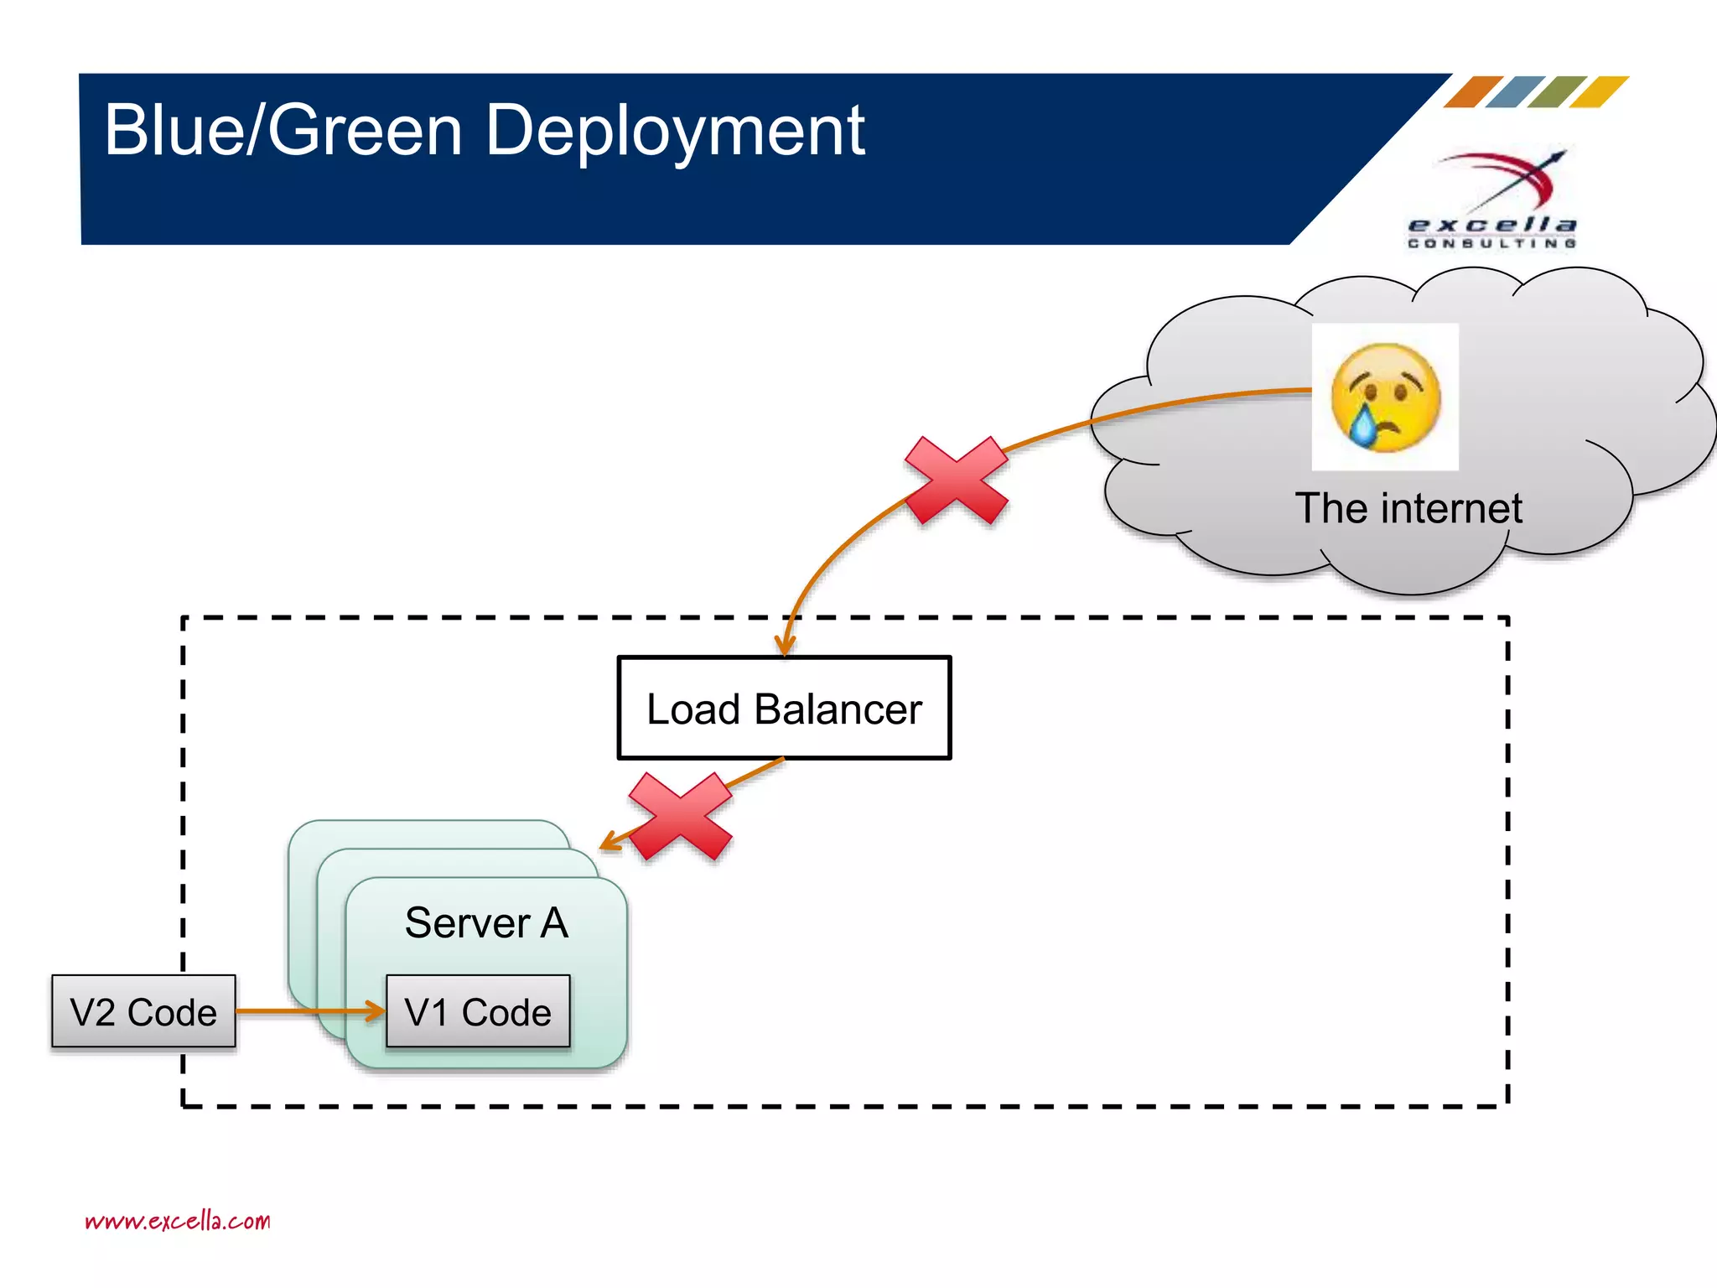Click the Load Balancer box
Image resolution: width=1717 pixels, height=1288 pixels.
coord(784,708)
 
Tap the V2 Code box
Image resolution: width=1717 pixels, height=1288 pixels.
coord(143,1011)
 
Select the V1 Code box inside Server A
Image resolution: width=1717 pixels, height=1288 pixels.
coord(478,1011)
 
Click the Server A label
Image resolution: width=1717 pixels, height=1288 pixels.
coord(486,922)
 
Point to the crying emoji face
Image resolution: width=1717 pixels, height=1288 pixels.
coord(1385,397)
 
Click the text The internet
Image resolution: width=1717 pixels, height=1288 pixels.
coord(1408,508)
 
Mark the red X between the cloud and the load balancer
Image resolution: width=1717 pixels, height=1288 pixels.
coord(957,480)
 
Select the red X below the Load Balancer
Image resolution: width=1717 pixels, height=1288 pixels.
coord(680,816)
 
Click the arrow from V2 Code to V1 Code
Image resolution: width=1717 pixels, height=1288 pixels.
coord(310,1011)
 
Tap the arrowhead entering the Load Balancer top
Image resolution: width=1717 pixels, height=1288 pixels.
coord(785,646)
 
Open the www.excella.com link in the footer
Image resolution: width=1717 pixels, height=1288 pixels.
coord(178,1221)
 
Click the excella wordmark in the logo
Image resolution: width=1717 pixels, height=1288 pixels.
coord(1492,225)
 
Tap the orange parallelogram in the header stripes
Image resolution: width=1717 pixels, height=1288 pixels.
coord(1473,91)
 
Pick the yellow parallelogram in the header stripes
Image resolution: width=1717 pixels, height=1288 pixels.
coord(1600,91)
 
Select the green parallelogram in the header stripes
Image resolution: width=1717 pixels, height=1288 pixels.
coord(1558,91)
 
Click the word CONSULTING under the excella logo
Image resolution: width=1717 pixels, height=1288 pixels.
coord(1492,243)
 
